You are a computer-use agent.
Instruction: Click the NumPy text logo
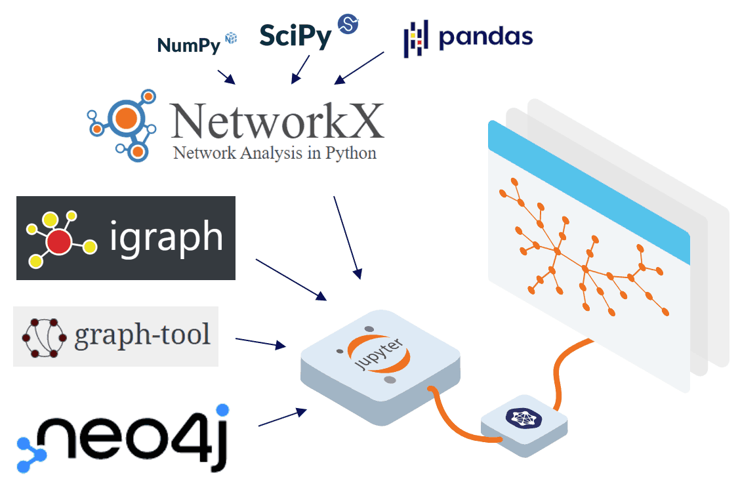[188, 45]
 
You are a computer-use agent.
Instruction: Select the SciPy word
[295, 36]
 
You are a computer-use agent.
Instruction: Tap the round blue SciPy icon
[348, 24]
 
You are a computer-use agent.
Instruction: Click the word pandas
[485, 37]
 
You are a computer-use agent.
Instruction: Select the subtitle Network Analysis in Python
[274, 154]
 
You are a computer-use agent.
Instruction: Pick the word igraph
[167, 237]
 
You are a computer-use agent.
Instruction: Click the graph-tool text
[142, 335]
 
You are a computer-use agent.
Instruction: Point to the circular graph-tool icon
[45, 337]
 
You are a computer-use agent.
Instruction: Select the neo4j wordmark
[131, 438]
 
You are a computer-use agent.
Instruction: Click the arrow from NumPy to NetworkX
[226, 75]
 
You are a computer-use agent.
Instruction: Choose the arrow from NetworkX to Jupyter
[347, 237]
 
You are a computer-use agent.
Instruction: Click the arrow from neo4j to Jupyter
[283, 418]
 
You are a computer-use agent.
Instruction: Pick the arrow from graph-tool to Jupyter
[260, 342]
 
